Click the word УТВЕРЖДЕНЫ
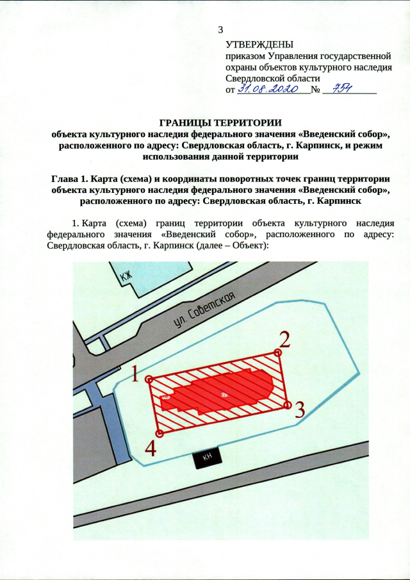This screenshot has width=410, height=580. click(259, 45)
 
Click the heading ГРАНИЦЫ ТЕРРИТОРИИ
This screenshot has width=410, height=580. click(220, 122)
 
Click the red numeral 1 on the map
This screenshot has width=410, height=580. click(135, 374)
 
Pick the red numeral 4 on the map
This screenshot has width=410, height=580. click(151, 448)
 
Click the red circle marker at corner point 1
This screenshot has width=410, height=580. click(149, 379)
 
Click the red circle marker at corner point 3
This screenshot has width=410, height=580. click(288, 405)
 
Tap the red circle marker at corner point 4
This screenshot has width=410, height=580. click(160, 434)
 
